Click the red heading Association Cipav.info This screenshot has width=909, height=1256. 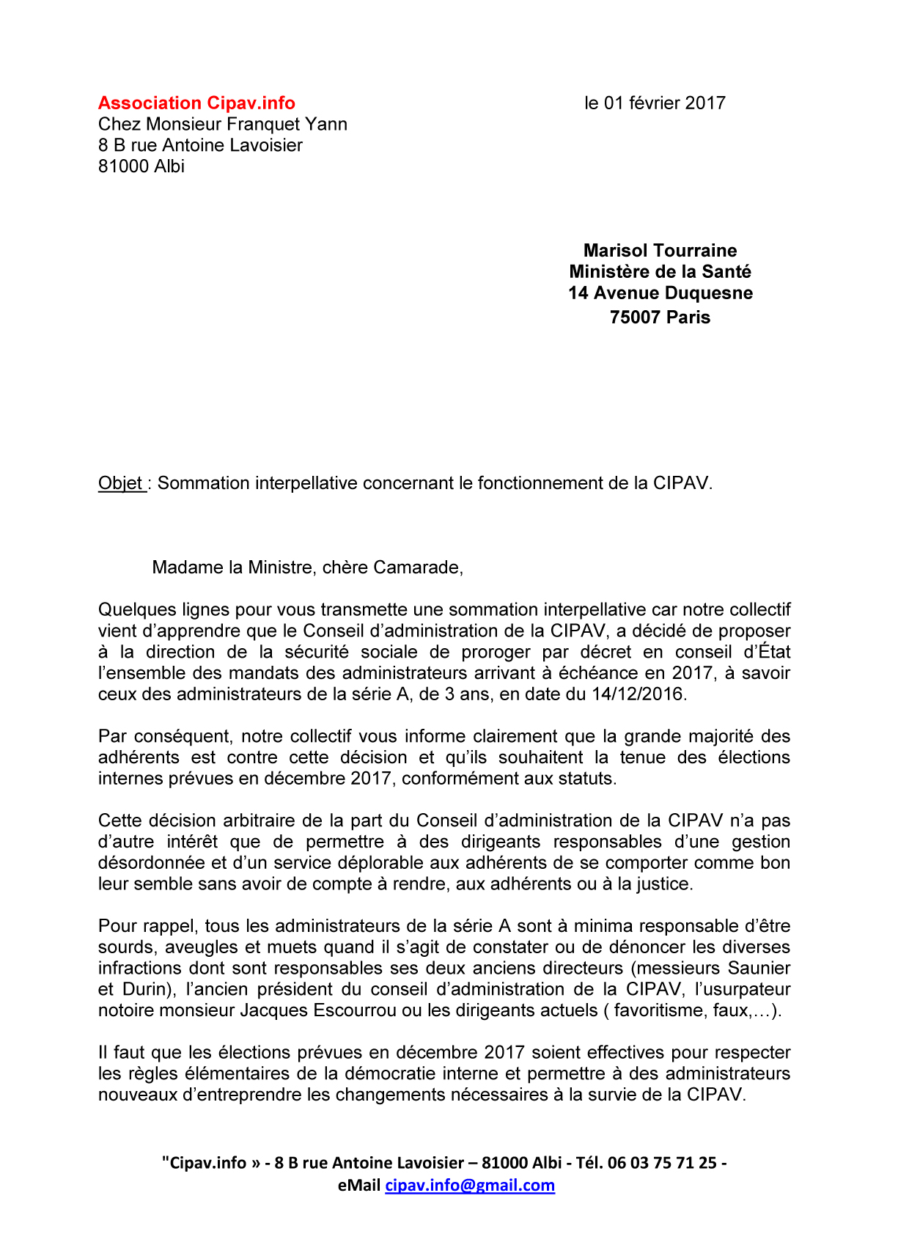[196, 103]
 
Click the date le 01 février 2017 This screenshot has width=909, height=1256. [655, 103]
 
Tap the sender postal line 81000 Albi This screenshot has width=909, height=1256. [141, 166]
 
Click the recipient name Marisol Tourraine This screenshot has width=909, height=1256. [660, 251]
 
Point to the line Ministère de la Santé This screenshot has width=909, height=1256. [660, 272]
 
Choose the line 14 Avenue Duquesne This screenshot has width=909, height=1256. [660, 293]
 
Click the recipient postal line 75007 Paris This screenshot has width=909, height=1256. [660, 317]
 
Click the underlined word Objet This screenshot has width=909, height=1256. [121, 483]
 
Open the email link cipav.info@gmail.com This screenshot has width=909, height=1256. [470, 1186]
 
